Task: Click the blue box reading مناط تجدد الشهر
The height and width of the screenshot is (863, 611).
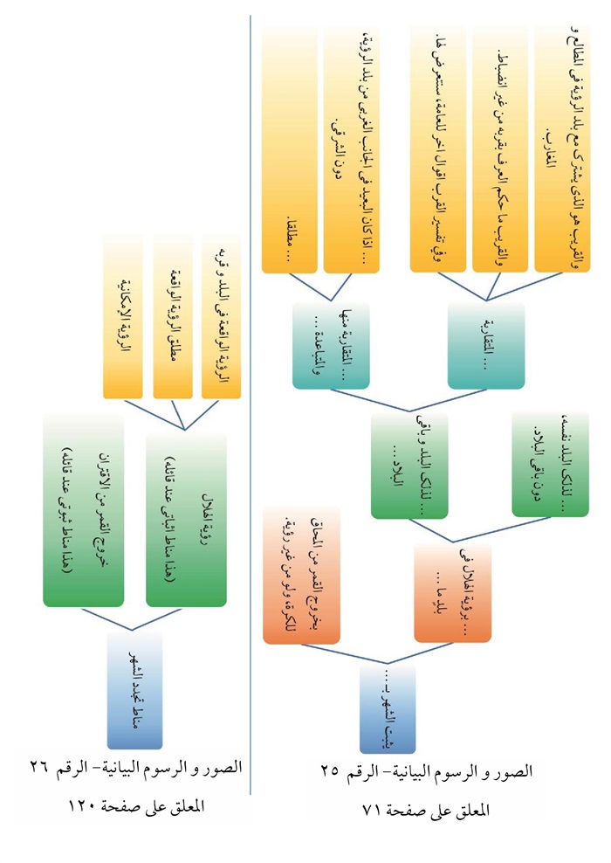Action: tap(135, 691)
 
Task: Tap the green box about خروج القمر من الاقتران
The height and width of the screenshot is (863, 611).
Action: tap(83, 510)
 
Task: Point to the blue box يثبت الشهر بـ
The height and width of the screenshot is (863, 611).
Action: tap(388, 707)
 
